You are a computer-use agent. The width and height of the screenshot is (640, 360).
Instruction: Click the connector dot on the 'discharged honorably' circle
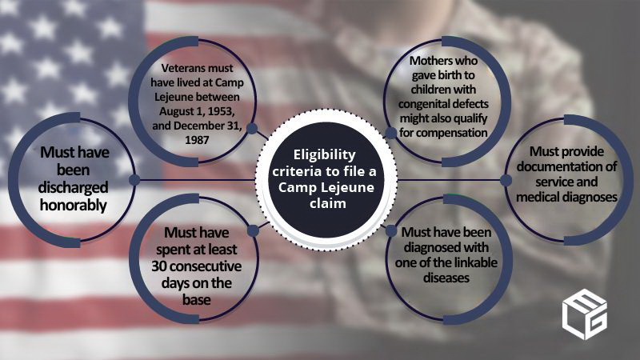point(134,179)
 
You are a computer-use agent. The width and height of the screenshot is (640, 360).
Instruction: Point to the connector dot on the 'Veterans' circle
point(252,128)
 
